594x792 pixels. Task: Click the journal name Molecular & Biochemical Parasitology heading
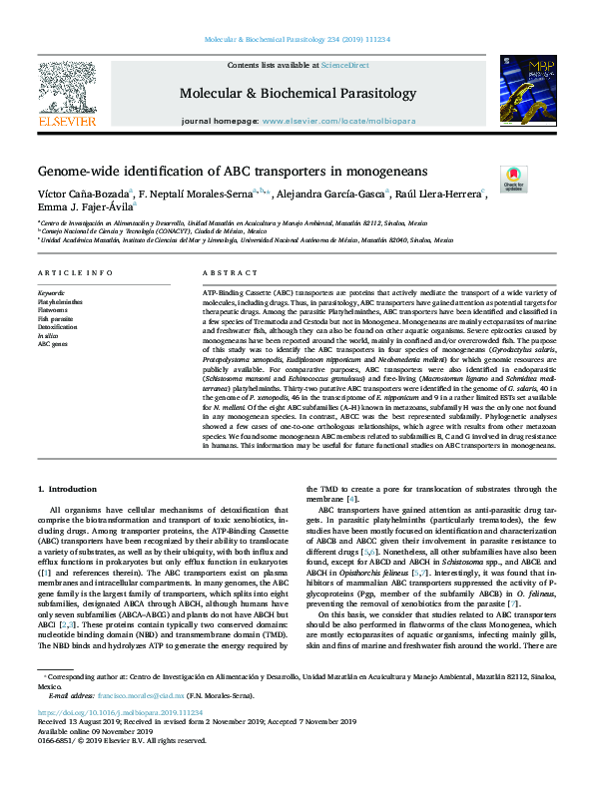297,94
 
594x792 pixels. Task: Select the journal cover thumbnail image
528,95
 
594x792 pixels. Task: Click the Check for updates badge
514,178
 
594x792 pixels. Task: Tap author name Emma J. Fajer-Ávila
84,207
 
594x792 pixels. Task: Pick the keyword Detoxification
57,326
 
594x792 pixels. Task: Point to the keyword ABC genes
52,344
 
